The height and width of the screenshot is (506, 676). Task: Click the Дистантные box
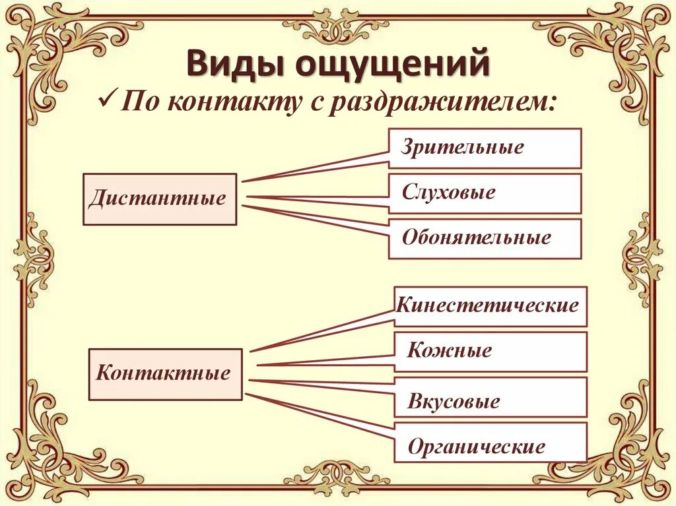point(159,199)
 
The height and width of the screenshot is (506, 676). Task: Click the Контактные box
point(165,374)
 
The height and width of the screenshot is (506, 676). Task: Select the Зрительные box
point(485,148)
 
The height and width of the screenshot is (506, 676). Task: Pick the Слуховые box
point(485,193)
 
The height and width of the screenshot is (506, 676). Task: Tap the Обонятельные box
point(485,238)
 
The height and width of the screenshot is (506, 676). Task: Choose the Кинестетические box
point(490,306)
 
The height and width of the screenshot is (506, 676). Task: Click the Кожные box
point(490,351)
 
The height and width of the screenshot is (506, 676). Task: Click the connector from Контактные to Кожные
point(323,361)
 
